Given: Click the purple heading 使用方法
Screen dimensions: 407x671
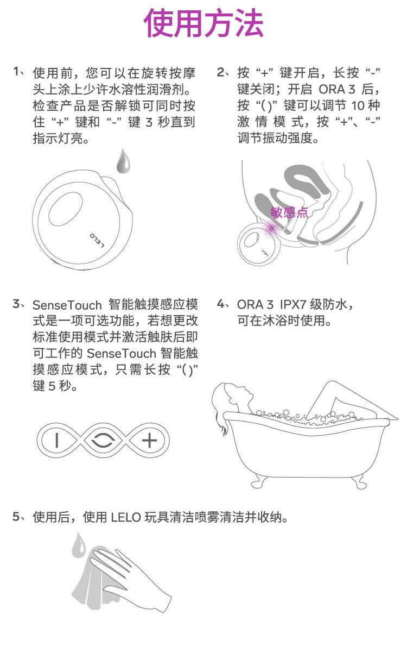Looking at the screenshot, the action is click(x=203, y=23).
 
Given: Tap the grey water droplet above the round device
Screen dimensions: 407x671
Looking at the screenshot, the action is click(x=123, y=161).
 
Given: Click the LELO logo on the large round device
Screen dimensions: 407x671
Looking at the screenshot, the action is click(x=97, y=240).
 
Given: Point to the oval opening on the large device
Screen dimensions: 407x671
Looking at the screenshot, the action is click(x=65, y=209).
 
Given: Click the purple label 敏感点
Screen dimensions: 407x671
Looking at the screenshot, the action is click(x=289, y=212).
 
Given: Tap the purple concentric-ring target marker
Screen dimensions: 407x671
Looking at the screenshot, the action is click(x=271, y=229).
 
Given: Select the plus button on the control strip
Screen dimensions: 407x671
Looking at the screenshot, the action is click(x=149, y=440).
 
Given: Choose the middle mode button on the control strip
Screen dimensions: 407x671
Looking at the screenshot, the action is click(x=103, y=440).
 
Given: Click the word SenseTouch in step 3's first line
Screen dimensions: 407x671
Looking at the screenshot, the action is click(x=67, y=305).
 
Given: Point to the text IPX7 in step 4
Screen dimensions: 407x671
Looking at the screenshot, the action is click(x=292, y=305).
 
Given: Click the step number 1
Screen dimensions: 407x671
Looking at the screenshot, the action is click(x=16, y=71).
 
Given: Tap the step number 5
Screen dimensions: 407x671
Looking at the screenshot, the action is click(x=16, y=517).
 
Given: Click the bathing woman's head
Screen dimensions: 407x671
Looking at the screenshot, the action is click(x=231, y=396).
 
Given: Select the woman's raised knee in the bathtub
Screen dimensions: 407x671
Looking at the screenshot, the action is click(x=332, y=385).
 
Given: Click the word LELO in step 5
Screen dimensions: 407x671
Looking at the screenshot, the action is click(x=126, y=517).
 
